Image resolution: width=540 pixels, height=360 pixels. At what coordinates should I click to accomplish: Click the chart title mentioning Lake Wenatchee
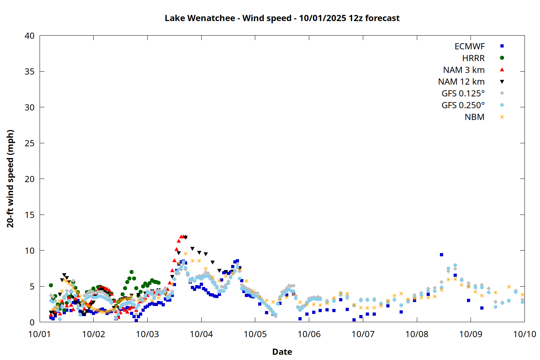pyautogui.click(x=282, y=18)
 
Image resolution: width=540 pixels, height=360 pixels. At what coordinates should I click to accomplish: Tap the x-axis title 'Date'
pyautogui.click(x=282, y=352)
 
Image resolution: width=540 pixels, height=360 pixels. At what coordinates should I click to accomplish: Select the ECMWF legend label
pyautogui.click(x=469, y=46)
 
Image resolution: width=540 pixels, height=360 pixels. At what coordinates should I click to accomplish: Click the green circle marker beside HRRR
pyautogui.click(x=502, y=58)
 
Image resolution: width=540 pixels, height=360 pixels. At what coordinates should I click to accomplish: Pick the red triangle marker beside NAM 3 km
pyautogui.click(x=502, y=70)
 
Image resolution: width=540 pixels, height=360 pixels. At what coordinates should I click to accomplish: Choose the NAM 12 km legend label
pyautogui.click(x=461, y=82)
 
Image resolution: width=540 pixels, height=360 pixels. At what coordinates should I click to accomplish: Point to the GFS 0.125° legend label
pyautogui.click(x=463, y=94)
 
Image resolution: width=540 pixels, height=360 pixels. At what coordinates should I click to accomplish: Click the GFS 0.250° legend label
pyautogui.click(x=463, y=105)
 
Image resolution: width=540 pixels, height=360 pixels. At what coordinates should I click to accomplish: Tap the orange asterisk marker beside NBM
pyautogui.click(x=502, y=117)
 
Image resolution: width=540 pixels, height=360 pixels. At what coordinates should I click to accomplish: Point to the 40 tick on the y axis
pyautogui.click(x=30, y=36)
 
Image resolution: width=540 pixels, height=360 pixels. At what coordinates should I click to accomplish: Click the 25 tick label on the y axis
pyautogui.click(x=30, y=143)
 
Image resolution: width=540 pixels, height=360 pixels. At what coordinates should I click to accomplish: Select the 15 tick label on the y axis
pyautogui.click(x=30, y=215)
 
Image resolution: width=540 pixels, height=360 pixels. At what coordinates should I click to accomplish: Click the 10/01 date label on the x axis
pyautogui.click(x=40, y=334)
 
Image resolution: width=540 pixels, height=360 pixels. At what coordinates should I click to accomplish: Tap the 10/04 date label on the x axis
pyautogui.click(x=201, y=334)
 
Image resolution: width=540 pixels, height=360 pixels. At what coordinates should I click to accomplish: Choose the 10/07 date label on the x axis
pyautogui.click(x=363, y=334)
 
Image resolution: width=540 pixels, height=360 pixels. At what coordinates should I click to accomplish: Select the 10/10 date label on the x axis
pyautogui.click(x=525, y=334)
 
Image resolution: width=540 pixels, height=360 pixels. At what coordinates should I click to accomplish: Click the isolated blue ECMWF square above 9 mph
pyautogui.click(x=441, y=255)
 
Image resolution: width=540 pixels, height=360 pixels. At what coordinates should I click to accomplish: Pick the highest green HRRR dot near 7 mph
pyautogui.click(x=132, y=272)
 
